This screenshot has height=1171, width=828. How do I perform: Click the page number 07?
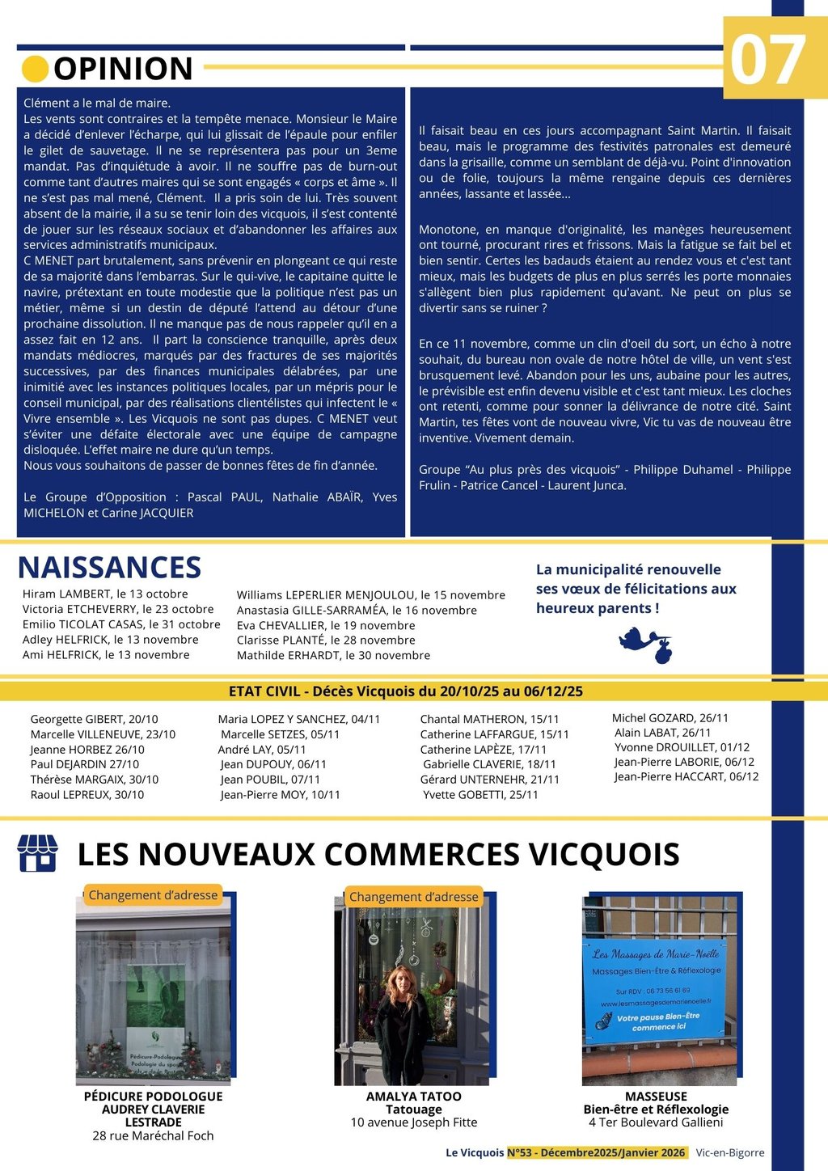(767, 61)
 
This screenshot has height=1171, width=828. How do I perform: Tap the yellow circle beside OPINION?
(35, 69)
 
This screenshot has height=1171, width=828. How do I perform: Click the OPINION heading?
(123, 70)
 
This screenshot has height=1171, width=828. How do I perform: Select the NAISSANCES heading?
(109, 568)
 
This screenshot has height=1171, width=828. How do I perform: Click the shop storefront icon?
(37, 853)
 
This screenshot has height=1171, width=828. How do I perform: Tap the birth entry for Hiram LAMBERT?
(105, 594)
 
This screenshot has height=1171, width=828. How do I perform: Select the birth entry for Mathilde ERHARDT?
(333, 655)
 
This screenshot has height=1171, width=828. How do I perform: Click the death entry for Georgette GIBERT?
(94, 719)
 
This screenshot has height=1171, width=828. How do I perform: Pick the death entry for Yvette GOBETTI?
(480, 795)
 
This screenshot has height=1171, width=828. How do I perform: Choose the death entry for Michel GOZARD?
(670, 717)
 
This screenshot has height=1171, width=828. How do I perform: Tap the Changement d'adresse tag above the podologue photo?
(153, 895)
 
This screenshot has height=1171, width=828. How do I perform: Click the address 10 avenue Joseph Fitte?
(413, 1122)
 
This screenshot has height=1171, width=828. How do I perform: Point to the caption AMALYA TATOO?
(413, 1097)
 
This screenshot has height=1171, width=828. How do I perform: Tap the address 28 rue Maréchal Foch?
(153, 1135)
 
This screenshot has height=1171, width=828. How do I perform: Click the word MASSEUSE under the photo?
(656, 1097)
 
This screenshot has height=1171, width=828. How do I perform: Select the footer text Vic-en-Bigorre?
(729, 1152)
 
